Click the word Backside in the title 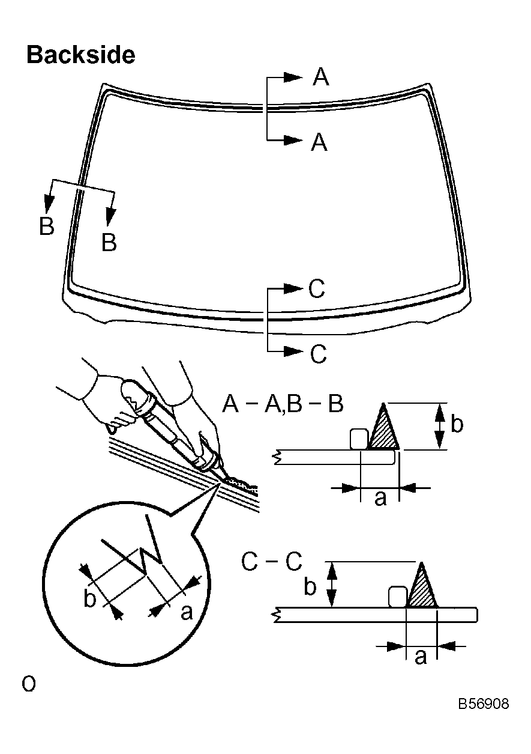coord(80,55)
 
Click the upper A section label coord(321,78)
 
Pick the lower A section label coord(319,142)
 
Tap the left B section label coord(46,227)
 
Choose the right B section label coord(109,243)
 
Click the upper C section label coord(317,290)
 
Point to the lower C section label coord(319,354)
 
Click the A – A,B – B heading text coord(283,404)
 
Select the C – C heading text coord(272,562)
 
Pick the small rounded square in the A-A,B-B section coord(358,439)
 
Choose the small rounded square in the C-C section coord(397,597)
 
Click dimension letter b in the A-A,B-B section coord(457,424)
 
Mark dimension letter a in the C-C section coord(421,657)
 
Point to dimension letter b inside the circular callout coord(90,600)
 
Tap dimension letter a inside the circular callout coord(187,612)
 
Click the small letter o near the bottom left coord(28,683)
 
